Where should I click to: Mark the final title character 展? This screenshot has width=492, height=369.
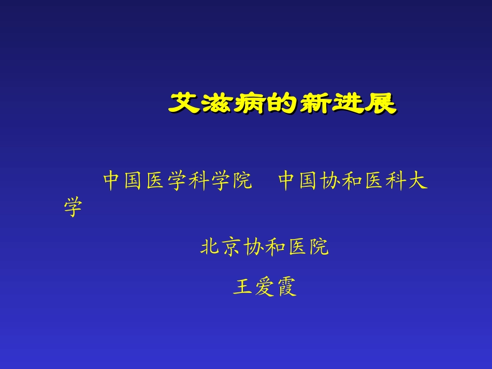(381, 103)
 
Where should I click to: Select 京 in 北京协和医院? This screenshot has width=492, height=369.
(232, 247)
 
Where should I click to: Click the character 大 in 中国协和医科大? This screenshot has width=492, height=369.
(418, 182)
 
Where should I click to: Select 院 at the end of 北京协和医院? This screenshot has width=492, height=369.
(319, 247)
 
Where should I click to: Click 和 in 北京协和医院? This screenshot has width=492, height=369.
(275, 247)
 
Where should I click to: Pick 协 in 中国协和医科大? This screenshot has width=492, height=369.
(331, 182)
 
